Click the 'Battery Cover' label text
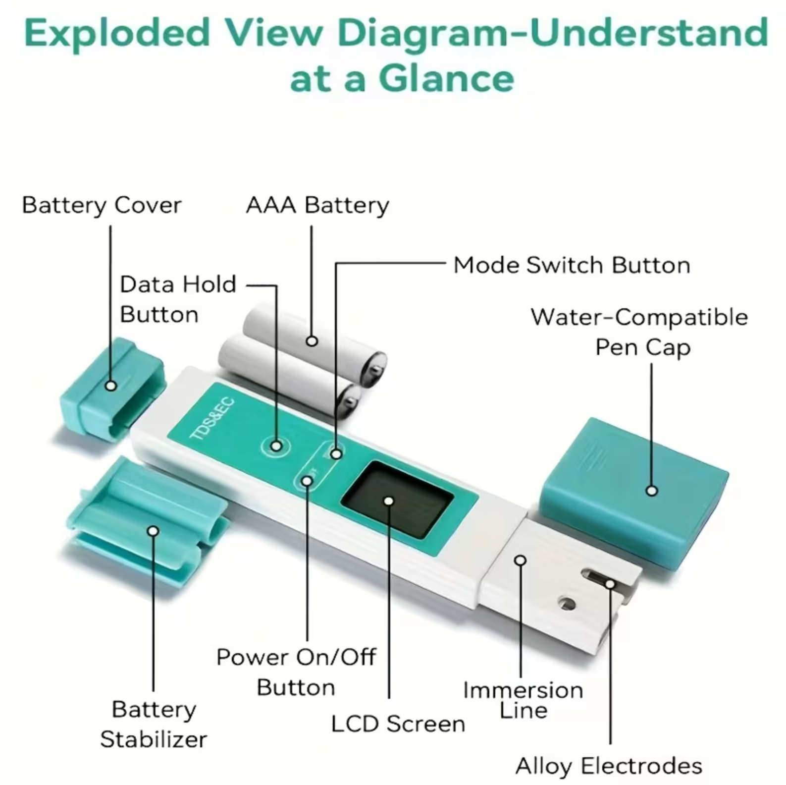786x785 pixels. click(x=102, y=205)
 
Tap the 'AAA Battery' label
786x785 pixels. click(x=317, y=205)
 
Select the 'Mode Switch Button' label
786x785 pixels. click(x=572, y=265)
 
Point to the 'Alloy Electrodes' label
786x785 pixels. click(x=609, y=766)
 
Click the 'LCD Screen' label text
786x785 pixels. click(x=398, y=724)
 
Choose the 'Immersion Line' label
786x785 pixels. click(x=523, y=700)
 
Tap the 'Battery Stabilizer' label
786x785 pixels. click(x=154, y=724)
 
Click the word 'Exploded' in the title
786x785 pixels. click(x=117, y=34)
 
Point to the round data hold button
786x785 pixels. click(x=276, y=446)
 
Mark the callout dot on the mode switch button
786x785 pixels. click(x=336, y=453)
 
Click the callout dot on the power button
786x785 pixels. click(x=308, y=481)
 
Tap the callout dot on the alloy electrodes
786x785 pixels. click(x=610, y=584)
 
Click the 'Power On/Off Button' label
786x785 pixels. click(x=296, y=672)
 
